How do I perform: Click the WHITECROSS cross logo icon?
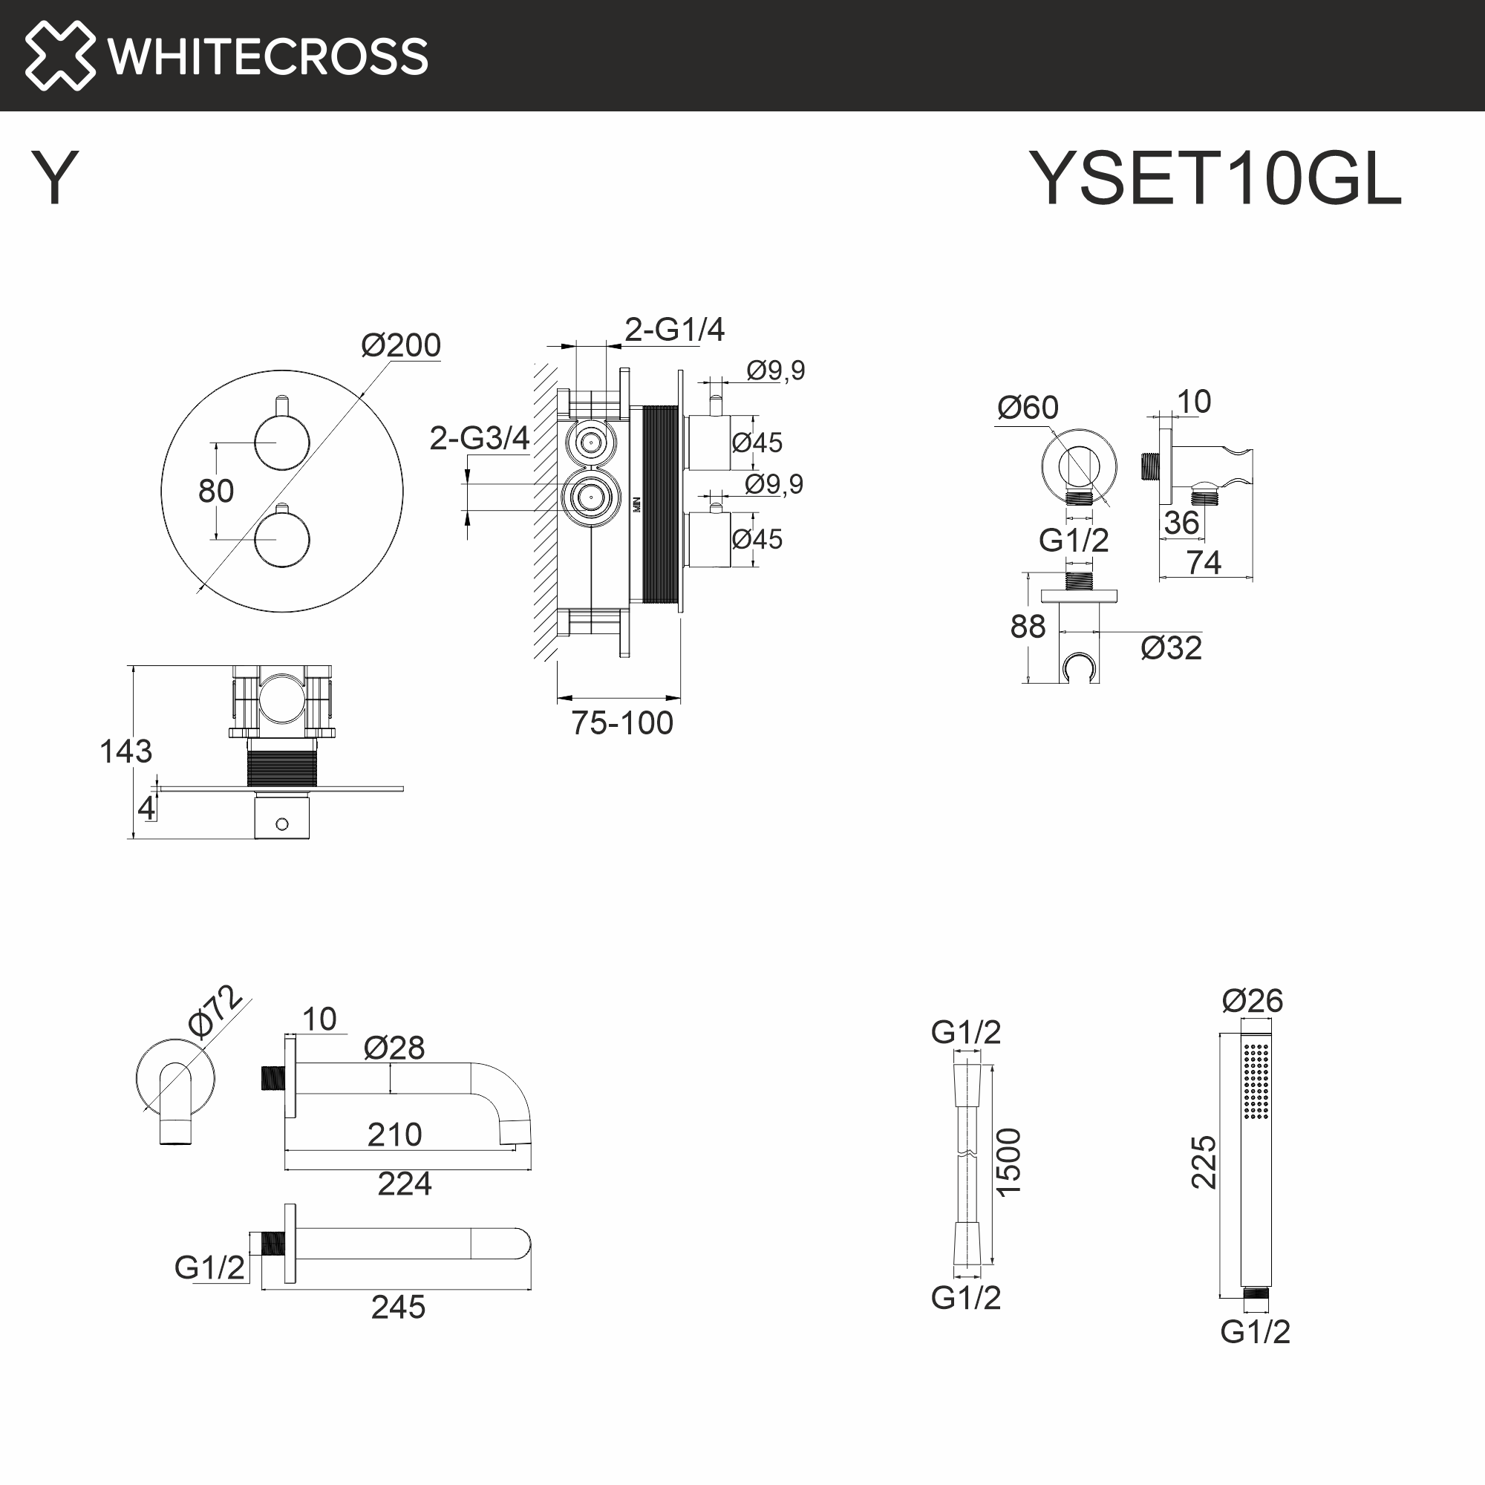pos(60,56)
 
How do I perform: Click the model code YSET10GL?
pos(1215,178)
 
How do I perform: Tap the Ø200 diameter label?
pos(400,345)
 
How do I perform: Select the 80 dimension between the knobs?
pos(216,491)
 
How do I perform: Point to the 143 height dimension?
pos(126,751)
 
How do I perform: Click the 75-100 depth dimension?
pos(621,723)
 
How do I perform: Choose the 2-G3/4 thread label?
pos(479,438)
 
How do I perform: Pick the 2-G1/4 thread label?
pos(674,330)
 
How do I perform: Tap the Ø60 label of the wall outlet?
pos(1028,408)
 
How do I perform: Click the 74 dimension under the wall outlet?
pos(1204,563)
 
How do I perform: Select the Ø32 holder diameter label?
pos(1172,648)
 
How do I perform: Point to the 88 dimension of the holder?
pos(1028,627)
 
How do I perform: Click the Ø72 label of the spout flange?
pos(215,1011)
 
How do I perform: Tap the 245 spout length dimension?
pos(398,1307)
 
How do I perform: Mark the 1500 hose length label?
pos(1008,1161)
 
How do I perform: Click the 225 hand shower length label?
pos(1204,1161)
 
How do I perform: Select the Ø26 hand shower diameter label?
pos(1252,1001)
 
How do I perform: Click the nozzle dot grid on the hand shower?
pos(1256,1080)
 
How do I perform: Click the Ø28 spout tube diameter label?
pos(394,1048)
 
